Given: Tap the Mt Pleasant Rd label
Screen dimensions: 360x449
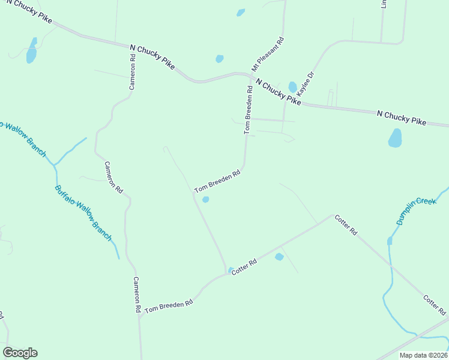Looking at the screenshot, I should tap(268, 55).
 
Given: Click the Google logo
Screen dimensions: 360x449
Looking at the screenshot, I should tap(20, 353).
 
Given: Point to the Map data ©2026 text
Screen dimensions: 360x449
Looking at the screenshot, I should tap(424, 355).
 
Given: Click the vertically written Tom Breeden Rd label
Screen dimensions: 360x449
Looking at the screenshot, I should tap(248, 112).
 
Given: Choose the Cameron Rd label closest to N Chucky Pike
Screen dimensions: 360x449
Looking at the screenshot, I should tap(133, 72).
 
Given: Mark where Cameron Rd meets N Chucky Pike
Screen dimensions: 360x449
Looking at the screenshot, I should tap(133, 47).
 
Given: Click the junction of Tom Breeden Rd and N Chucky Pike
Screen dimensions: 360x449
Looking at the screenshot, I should tap(250, 75).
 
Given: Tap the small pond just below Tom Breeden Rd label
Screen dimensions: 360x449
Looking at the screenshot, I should tap(206, 200).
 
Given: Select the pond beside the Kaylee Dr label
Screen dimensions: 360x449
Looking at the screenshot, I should tap(292, 87).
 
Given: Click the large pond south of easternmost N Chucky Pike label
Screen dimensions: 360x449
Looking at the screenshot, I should tap(395, 138).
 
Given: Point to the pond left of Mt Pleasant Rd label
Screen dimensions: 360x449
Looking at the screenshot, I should tap(220, 59).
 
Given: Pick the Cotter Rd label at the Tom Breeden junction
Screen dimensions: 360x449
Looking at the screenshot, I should tap(244, 267).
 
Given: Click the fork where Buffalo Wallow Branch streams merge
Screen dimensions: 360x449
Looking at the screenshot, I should tap(55, 164).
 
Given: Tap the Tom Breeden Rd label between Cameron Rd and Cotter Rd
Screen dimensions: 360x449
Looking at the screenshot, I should tap(168, 304).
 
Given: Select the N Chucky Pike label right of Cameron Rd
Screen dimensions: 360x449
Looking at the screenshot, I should tap(152, 56).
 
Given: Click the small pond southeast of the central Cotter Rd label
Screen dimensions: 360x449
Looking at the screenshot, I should tap(279, 257).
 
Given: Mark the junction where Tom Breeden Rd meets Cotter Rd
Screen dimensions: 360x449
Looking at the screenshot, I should tap(226, 274).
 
